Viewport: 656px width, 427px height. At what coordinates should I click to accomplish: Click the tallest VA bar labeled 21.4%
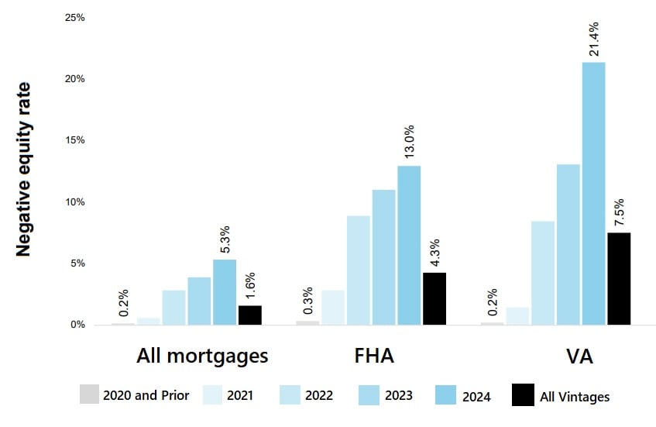pos(593,193)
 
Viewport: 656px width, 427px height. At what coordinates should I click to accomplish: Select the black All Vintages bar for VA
pos(619,278)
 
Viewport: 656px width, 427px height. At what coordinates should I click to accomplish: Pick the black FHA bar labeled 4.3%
pos(434,298)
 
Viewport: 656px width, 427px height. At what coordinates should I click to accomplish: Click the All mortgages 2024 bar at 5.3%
pos(225,292)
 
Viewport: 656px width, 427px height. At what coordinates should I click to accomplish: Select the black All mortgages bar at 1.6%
pos(250,315)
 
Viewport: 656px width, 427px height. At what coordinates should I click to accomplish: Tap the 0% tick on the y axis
pos(77,325)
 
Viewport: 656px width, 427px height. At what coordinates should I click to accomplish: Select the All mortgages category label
pos(202,356)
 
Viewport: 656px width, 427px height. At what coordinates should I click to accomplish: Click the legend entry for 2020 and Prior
pos(135,395)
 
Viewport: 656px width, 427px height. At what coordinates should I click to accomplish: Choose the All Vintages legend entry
pos(561,396)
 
